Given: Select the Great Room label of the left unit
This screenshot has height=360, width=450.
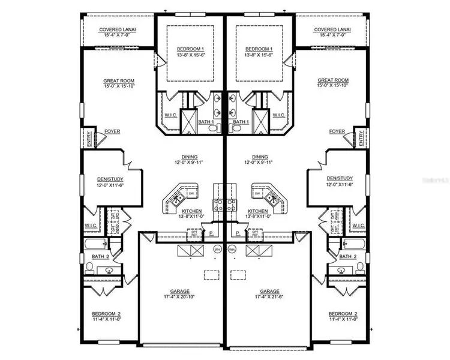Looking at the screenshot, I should click(x=118, y=80).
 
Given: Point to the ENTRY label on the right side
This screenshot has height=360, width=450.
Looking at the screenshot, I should click(x=362, y=139).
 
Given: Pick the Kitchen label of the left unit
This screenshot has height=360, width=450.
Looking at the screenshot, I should click(x=190, y=211).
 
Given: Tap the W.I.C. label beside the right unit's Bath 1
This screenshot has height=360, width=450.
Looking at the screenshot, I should click(x=278, y=115).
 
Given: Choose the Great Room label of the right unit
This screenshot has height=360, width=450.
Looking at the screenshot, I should click(x=333, y=80).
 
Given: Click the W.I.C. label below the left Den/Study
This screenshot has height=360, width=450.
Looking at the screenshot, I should click(x=91, y=226).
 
